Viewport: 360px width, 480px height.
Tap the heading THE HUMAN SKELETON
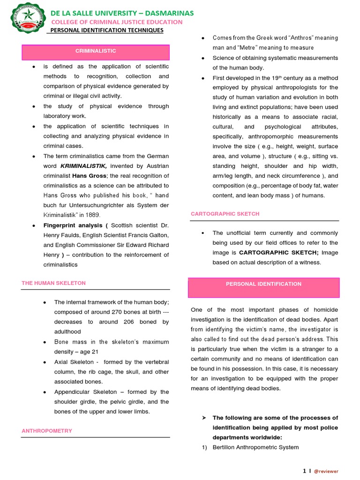(x=53, y=283)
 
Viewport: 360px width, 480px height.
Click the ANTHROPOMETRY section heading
(x=47, y=430)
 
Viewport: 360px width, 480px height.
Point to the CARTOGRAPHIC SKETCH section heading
(x=225, y=214)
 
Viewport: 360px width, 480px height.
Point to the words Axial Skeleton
(x=74, y=362)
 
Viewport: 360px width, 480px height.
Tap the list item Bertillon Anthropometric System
(x=255, y=447)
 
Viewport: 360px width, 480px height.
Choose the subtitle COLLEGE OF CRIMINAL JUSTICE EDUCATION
(x=117, y=22)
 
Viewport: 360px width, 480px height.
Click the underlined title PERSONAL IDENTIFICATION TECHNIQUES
(x=106, y=30)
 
